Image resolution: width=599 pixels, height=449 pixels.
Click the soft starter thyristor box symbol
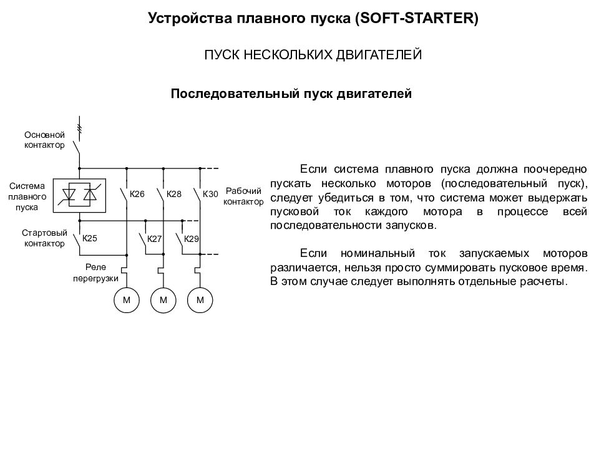coord(79,195)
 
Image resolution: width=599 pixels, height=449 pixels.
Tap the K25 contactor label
coord(90,238)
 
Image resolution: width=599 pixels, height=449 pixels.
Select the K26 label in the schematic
coord(137,194)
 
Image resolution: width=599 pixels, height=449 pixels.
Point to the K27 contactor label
coord(154,239)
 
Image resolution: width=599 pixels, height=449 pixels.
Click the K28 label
coord(174,194)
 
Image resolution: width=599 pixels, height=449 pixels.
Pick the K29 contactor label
coord(192,239)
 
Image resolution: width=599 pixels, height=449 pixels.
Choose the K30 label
coord(210,194)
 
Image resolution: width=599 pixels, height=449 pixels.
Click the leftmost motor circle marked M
coord(127,300)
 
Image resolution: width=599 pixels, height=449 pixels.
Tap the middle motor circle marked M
coord(163,300)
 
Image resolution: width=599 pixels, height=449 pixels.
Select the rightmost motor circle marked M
coord(200,300)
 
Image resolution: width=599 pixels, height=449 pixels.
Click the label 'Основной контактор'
coord(44,140)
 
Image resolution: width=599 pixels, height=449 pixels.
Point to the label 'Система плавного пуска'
coord(27,196)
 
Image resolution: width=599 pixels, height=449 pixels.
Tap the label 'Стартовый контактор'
coord(44,238)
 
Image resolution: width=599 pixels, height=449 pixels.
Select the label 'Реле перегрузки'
coord(95,273)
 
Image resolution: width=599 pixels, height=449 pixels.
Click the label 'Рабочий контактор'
coord(243,196)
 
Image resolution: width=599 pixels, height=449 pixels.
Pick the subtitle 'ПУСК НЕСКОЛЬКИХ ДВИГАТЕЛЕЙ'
coord(313,55)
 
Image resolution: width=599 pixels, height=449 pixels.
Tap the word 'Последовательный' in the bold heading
coord(235,94)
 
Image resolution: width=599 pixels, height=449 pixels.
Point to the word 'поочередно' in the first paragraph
coord(555,169)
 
